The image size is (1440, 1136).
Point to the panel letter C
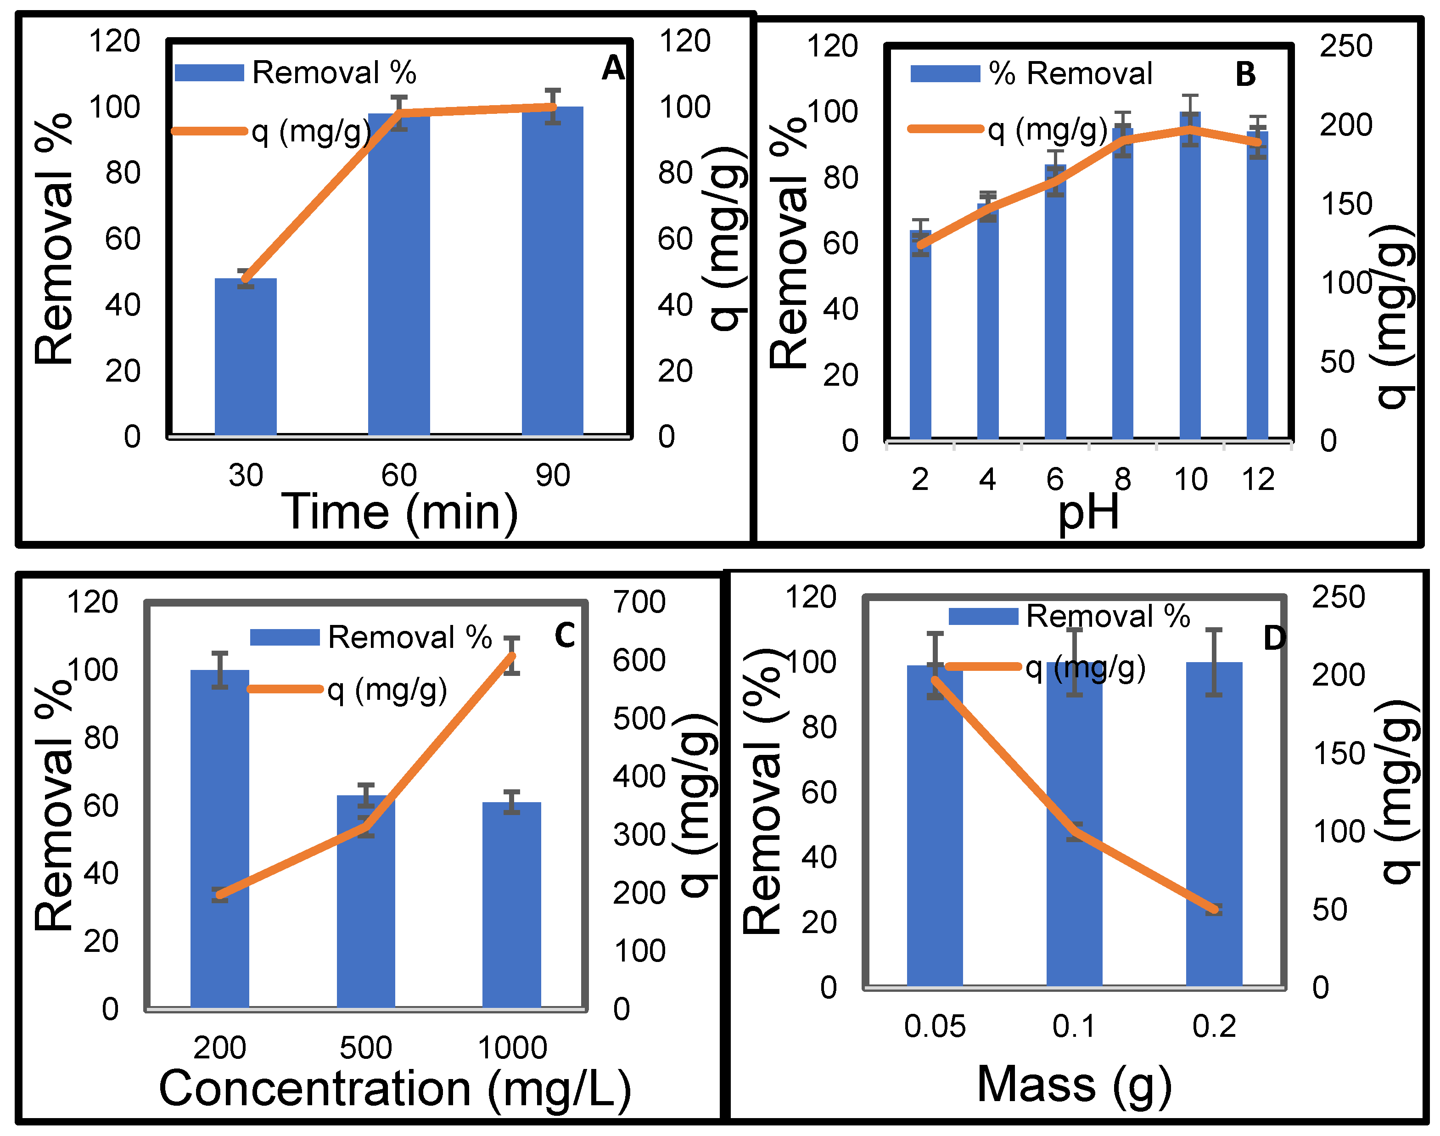[565, 635]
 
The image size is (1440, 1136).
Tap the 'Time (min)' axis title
[399, 512]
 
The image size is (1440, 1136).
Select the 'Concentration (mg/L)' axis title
[395, 1089]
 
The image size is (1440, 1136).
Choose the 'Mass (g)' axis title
[1074, 1084]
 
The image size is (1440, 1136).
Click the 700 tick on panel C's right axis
[639, 602]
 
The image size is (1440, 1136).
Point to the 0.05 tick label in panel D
[934, 1026]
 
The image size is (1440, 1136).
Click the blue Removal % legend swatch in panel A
[209, 73]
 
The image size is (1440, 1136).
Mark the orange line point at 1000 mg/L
[511, 657]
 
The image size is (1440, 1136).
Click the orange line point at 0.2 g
[1214, 909]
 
